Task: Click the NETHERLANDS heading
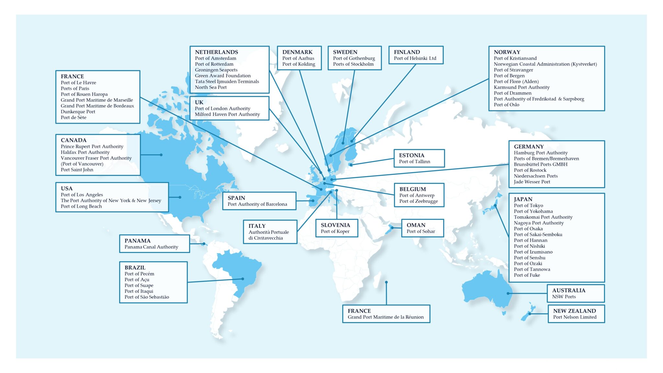pyautogui.click(x=216, y=52)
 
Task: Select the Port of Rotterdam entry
pyautogui.click(x=214, y=64)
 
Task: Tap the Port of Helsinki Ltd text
pyautogui.click(x=415, y=58)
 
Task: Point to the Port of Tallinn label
pyautogui.click(x=414, y=162)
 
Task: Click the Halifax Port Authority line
pyautogui.click(x=85, y=152)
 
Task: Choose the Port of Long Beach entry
pyautogui.click(x=81, y=206)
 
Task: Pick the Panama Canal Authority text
pyautogui.click(x=151, y=247)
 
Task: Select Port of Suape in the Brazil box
pyautogui.click(x=139, y=285)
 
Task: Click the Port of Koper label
pyautogui.click(x=335, y=231)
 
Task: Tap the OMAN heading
pyautogui.click(x=416, y=225)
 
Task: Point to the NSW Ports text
pyautogui.click(x=564, y=297)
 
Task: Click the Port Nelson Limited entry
pyautogui.click(x=575, y=317)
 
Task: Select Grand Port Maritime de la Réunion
pyautogui.click(x=386, y=317)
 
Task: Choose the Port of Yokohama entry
pyautogui.click(x=533, y=211)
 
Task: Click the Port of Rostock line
pyautogui.click(x=530, y=170)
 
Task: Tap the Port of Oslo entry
pyautogui.click(x=506, y=105)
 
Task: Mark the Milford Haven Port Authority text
pyautogui.click(x=227, y=114)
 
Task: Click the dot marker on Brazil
pyautogui.click(x=243, y=279)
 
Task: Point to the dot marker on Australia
pyautogui.click(x=508, y=293)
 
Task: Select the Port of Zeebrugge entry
pyautogui.click(x=418, y=201)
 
